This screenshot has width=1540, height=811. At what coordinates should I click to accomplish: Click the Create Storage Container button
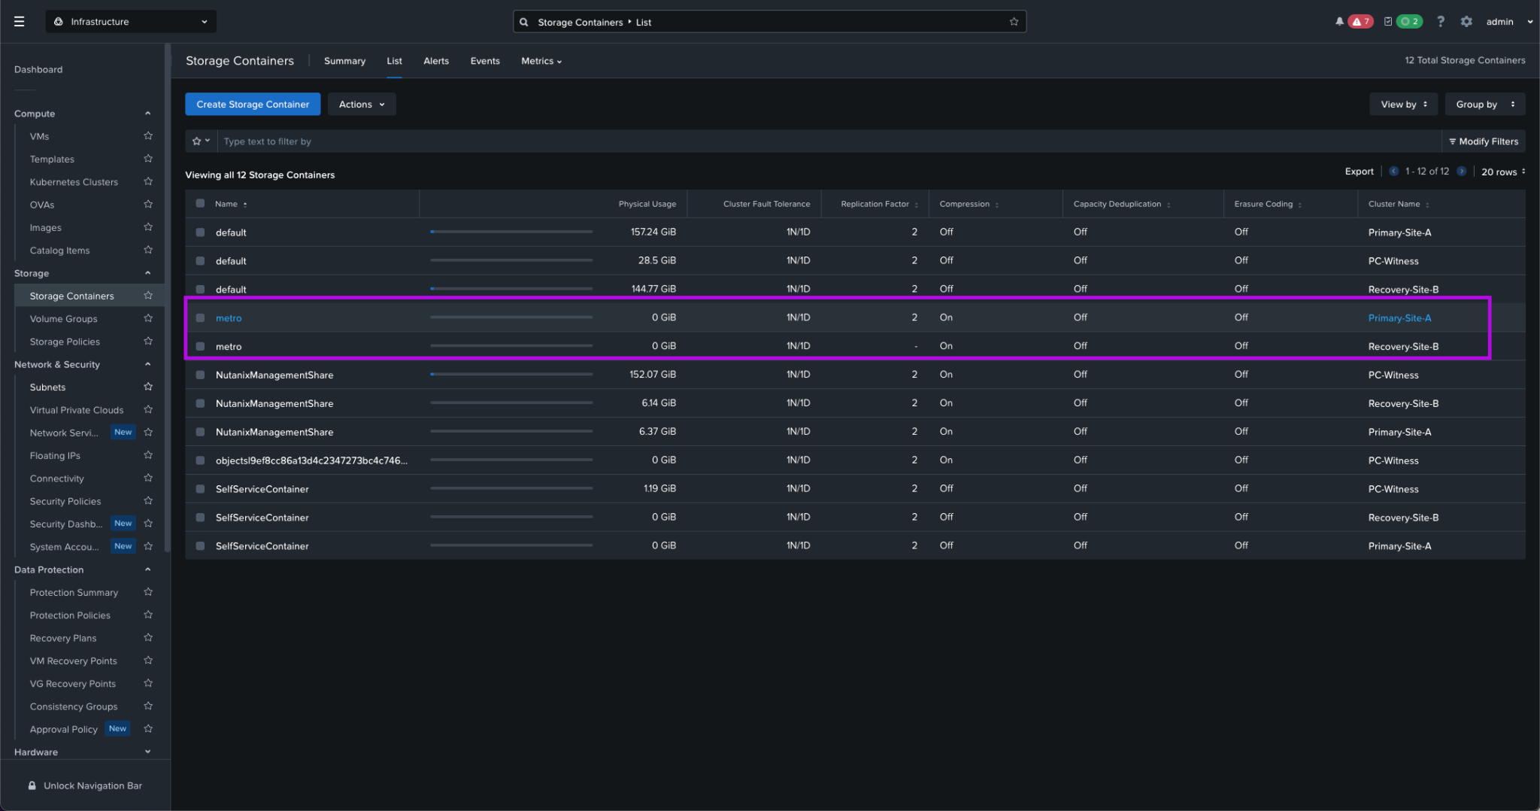pyautogui.click(x=253, y=105)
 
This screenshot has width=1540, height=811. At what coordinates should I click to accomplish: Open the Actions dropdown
pyautogui.click(x=361, y=105)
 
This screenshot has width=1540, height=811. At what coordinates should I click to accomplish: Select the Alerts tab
pyautogui.click(x=435, y=61)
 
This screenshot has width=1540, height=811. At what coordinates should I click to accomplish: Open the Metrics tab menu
pyautogui.click(x=541, y=61)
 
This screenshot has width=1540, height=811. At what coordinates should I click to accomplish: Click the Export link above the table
pyautogui.click(x=1358, y=172)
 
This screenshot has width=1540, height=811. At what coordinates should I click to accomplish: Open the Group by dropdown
pyautogui.click(x=1484, y=105)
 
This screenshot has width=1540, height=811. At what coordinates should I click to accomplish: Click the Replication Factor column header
pyautogui.click(x=875, y=204)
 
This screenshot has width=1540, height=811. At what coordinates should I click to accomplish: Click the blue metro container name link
pyautogui.click(x=229, y=318)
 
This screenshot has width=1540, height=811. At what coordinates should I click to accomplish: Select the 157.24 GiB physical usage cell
pyautogui.click(x=653, y=232)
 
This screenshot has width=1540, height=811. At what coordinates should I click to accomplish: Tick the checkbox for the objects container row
pyautogui.click(x=200, y=460)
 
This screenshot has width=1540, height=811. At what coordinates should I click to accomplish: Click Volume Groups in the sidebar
pyautogui.click(x=64, y=319)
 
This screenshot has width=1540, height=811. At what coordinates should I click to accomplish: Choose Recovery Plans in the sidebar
pyautogui.click(x=63, y=638)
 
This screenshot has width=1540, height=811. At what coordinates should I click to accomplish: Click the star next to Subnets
pyautogui.click(x=148, y=387)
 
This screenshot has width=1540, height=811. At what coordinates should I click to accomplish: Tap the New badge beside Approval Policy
pyautogui.click(x=117, y=728)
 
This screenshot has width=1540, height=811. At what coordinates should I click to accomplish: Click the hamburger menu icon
pyautogui.click(x=20, y=22)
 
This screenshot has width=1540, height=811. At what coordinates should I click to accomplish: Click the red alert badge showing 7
pyautogui.click(x=1360, y=22)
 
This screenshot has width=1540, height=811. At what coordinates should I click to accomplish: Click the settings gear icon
pyautogui.click(x=1466, y=22)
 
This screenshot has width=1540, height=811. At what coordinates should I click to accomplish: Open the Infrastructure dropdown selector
pyautogui.click(x=131, y=22)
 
